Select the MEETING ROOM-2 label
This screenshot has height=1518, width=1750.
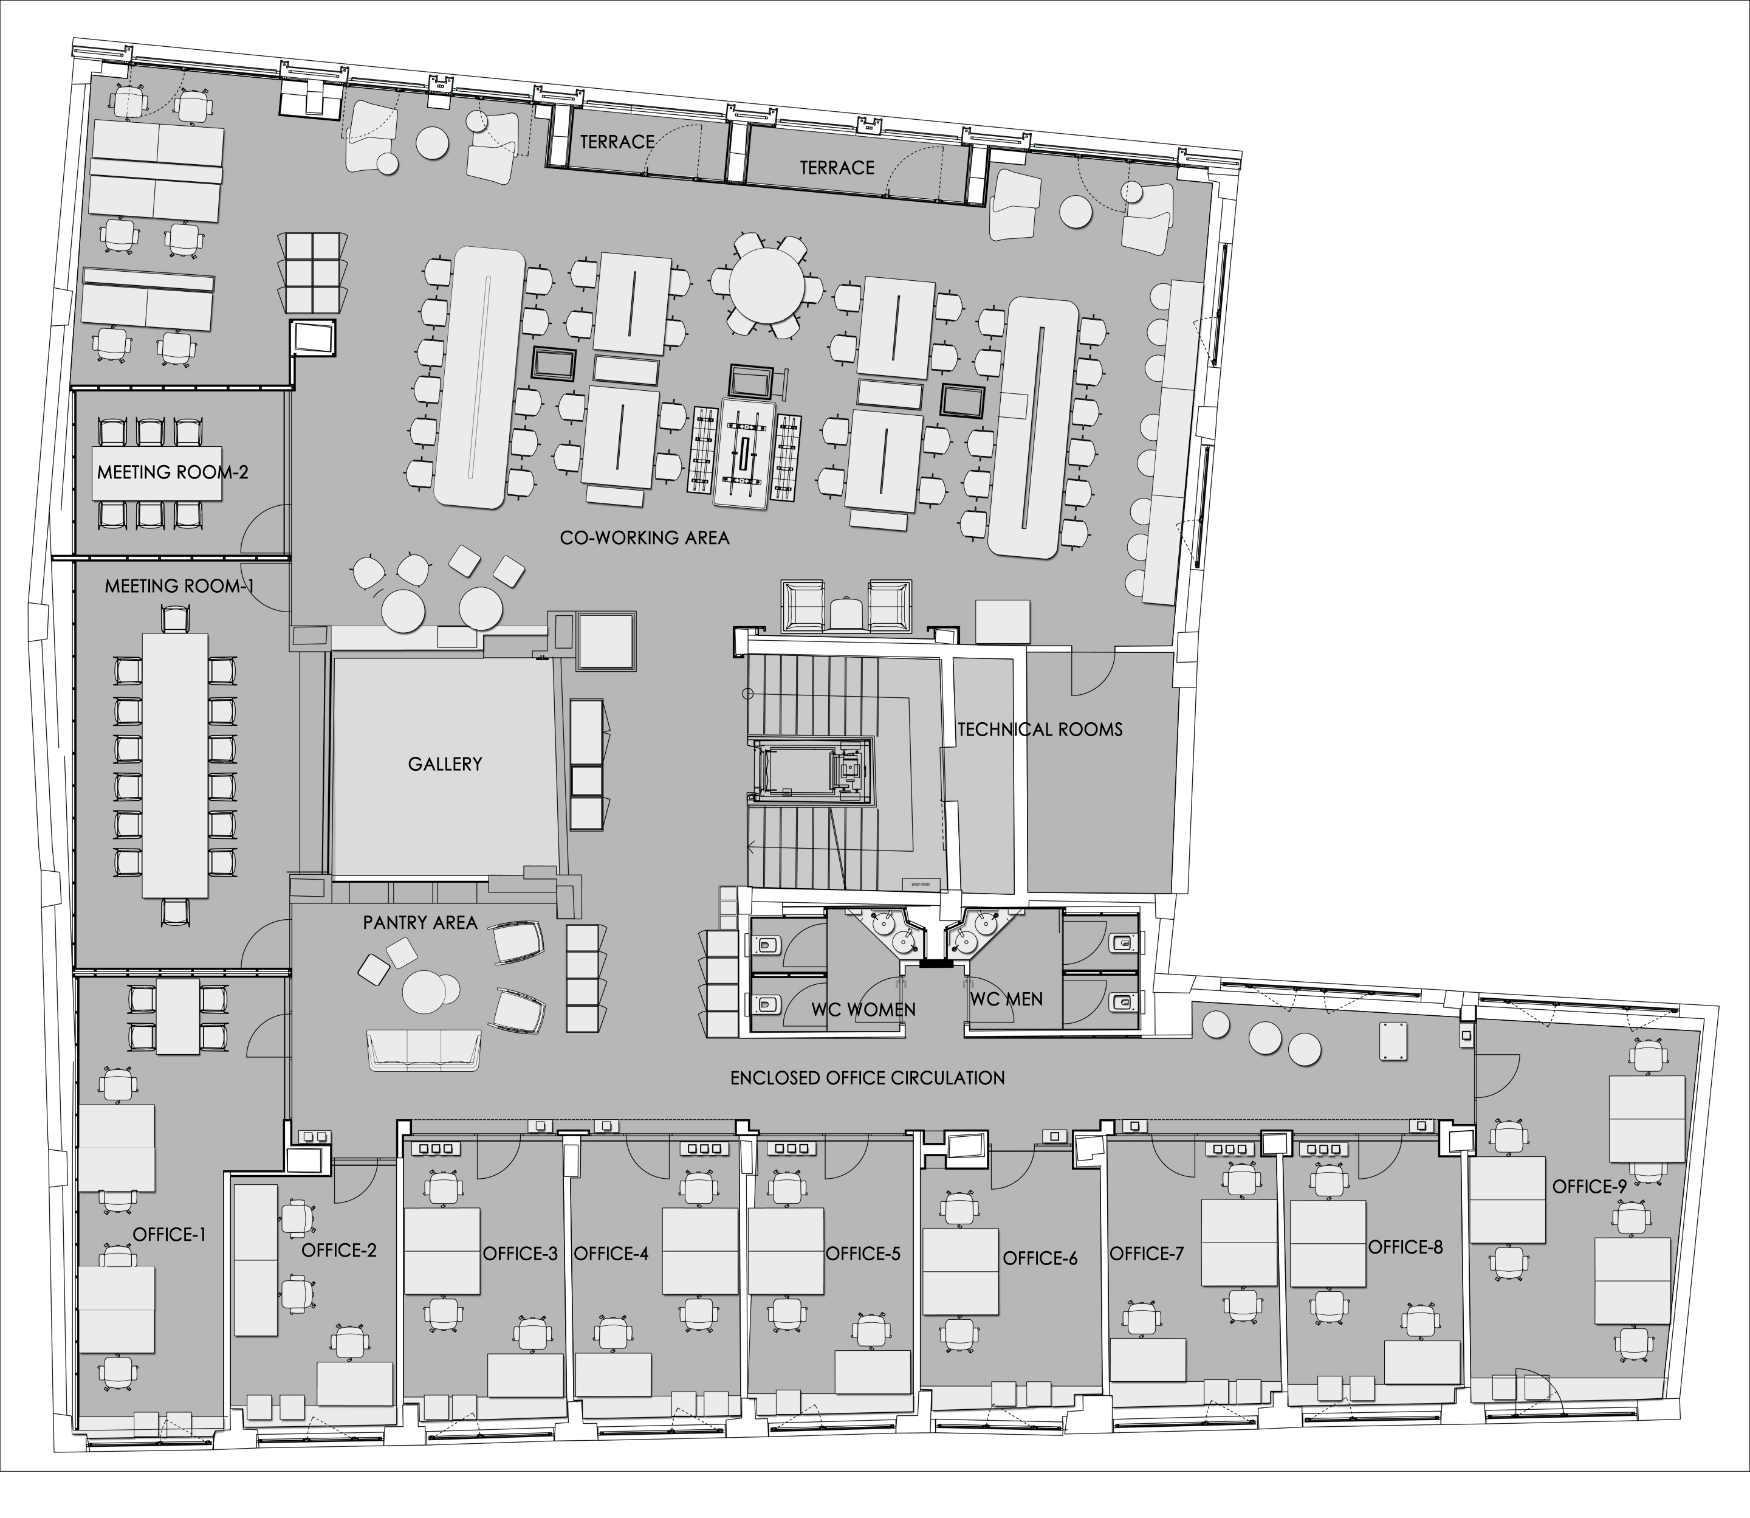click(x=173, y=472)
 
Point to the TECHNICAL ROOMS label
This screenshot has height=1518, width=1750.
click(x=1040, y=730)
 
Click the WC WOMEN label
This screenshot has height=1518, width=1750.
click(x=863, y=1009)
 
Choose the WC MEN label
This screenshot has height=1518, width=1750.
click(x=1006, y=999)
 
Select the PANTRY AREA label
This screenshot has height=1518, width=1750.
click(x=420, y=922)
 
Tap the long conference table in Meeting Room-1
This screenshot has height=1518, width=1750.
click(x=175, y=764)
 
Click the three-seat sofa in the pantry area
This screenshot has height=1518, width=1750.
click(x=424, y=1051)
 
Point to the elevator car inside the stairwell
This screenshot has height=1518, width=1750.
click(x=811, y=769)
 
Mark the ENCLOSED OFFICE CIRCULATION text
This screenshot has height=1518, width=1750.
click(x=867, y=1077)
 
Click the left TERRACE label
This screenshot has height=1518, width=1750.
click(x=617, y=142)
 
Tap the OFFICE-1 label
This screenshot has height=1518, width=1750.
click(x=170, y=1234)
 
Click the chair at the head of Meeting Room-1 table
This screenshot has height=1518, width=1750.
click(x=174, y=620)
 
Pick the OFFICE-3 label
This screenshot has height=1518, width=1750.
click(x=520, y=1254)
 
